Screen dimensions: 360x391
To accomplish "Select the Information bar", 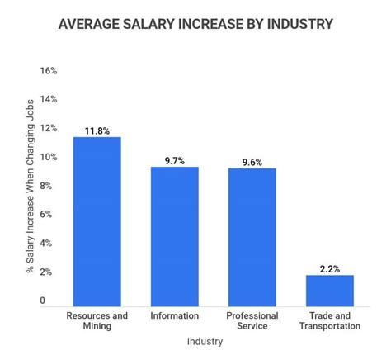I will point(174,236).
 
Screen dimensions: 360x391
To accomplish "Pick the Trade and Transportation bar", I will point(329,290).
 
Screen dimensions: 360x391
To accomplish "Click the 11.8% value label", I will point(97,130).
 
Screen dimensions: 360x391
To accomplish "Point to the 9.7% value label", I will point(174,160).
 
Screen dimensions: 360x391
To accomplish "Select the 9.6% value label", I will point(252,162).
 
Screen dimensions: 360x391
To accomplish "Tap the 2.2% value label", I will point(329,268).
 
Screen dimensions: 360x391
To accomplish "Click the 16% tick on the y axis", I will point(48,71).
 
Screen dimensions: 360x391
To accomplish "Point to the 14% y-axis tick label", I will point(48,100).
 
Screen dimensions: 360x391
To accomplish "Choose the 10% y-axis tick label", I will point(48,157).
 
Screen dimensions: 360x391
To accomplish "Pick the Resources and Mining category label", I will point(97,320).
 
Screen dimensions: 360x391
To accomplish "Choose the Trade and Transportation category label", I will point(329,320).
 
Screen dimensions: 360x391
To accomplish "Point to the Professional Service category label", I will point(252,320).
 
